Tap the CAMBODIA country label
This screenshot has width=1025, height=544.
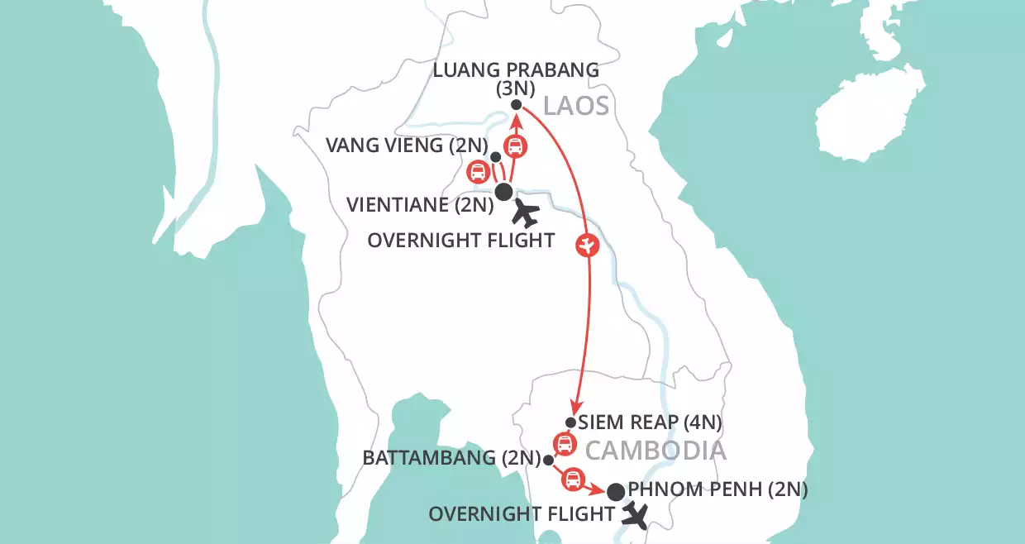[x=656, y=451]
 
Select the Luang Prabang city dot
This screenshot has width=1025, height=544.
[x=516, y=105]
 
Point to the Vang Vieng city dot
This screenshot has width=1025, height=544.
[x=495, y=157]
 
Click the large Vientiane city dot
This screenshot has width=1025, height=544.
[x=503, y=193]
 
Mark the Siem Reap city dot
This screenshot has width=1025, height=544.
[x=570, y=422]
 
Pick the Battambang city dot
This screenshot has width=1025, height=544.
[x=548, y=459]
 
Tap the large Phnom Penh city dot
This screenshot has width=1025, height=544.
[x=616, y=492]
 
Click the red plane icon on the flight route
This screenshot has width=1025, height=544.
[x=588, y=246]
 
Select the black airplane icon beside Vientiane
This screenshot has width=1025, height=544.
[x=525, y=215]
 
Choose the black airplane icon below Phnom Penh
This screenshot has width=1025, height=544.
[x=636, y=517]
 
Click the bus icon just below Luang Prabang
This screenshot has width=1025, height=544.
[x=515, y=147]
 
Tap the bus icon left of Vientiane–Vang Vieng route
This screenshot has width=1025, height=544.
[x=477, y=173]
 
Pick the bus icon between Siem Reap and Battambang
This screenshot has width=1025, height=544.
[x=564, y=444]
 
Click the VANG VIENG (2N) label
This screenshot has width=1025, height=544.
[x=395, y=147]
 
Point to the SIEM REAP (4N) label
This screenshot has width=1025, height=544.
[x=651, y=422]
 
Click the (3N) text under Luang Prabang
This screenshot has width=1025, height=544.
[x=516, y=87]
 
